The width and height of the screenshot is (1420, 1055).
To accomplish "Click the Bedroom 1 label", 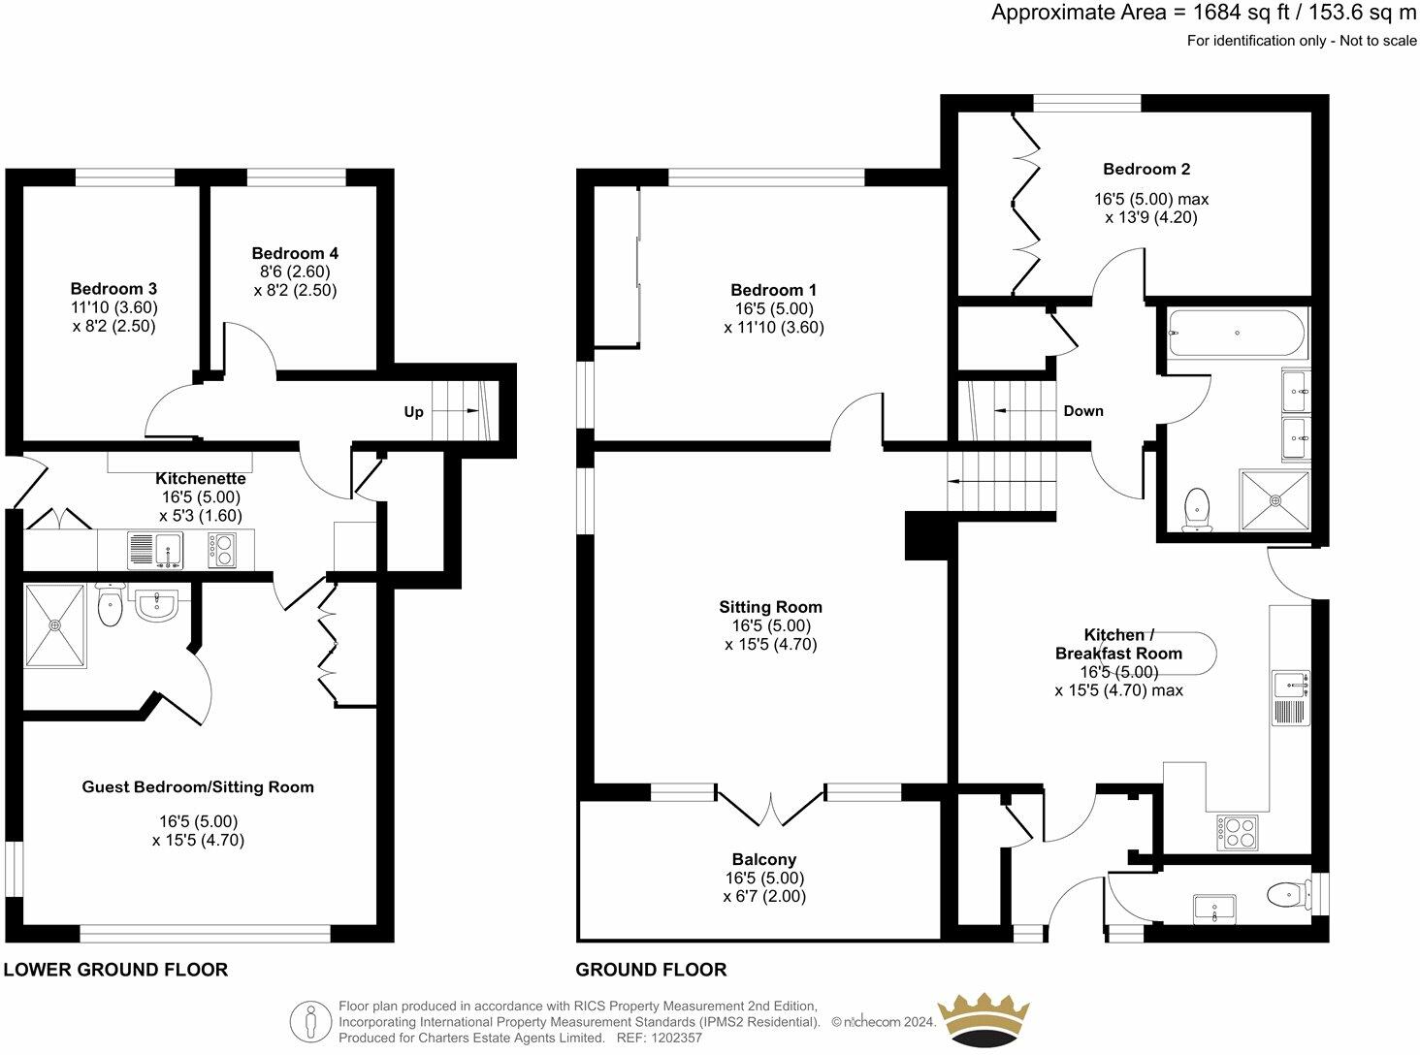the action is pos(773,290).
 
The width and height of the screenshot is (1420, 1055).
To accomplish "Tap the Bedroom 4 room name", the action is pos(295,253).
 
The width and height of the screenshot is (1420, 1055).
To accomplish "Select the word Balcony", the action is pos(764,859).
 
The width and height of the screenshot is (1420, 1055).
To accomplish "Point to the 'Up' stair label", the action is pos(413,412).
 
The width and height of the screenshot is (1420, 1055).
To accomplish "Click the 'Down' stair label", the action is pos(1083,411).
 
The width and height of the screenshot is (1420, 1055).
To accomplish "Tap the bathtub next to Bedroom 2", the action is pos(1237,333).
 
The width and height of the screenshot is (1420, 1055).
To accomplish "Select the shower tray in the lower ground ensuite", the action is pos(54,624).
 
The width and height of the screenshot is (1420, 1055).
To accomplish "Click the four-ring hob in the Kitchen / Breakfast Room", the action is pos(1237,832).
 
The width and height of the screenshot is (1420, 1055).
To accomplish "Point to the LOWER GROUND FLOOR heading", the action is pos(115,970).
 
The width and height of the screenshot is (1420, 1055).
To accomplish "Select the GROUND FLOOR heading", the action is pos(651,970).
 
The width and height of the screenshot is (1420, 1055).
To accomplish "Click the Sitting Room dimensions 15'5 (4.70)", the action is pos(771,644).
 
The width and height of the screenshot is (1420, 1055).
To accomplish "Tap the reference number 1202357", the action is pos(676,1038).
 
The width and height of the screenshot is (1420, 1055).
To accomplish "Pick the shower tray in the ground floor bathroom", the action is pos(1275,500).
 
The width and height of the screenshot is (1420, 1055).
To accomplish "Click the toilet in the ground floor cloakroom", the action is pos(1285,894).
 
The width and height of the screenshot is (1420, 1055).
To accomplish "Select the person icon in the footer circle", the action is pos(310,1022).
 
